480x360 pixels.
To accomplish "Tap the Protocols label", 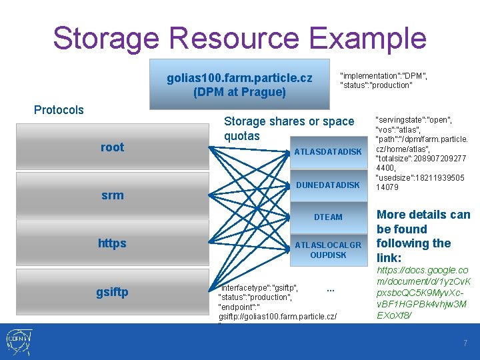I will tap(59, 110).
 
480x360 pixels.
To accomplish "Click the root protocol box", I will tap(112, 147).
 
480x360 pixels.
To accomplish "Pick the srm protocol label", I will tap(112, 195).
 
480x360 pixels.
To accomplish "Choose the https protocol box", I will tap(112, 243).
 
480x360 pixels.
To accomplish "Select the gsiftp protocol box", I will tap(112, 292).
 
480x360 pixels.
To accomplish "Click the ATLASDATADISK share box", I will tap(328, 152).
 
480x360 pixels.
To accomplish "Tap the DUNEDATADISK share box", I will tap(328, 185).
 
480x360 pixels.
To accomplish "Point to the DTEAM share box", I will tap(328, 217).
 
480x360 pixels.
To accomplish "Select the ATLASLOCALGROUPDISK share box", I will tap(328, 250).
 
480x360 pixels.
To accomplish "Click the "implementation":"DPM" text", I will tap(383, 75).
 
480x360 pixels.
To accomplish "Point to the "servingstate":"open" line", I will tap(413, 121).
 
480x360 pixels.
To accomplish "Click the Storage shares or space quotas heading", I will tap(289, 129).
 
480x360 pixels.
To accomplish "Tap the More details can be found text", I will tap(423, 236).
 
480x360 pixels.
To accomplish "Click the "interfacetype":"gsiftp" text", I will tap(259, 287).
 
